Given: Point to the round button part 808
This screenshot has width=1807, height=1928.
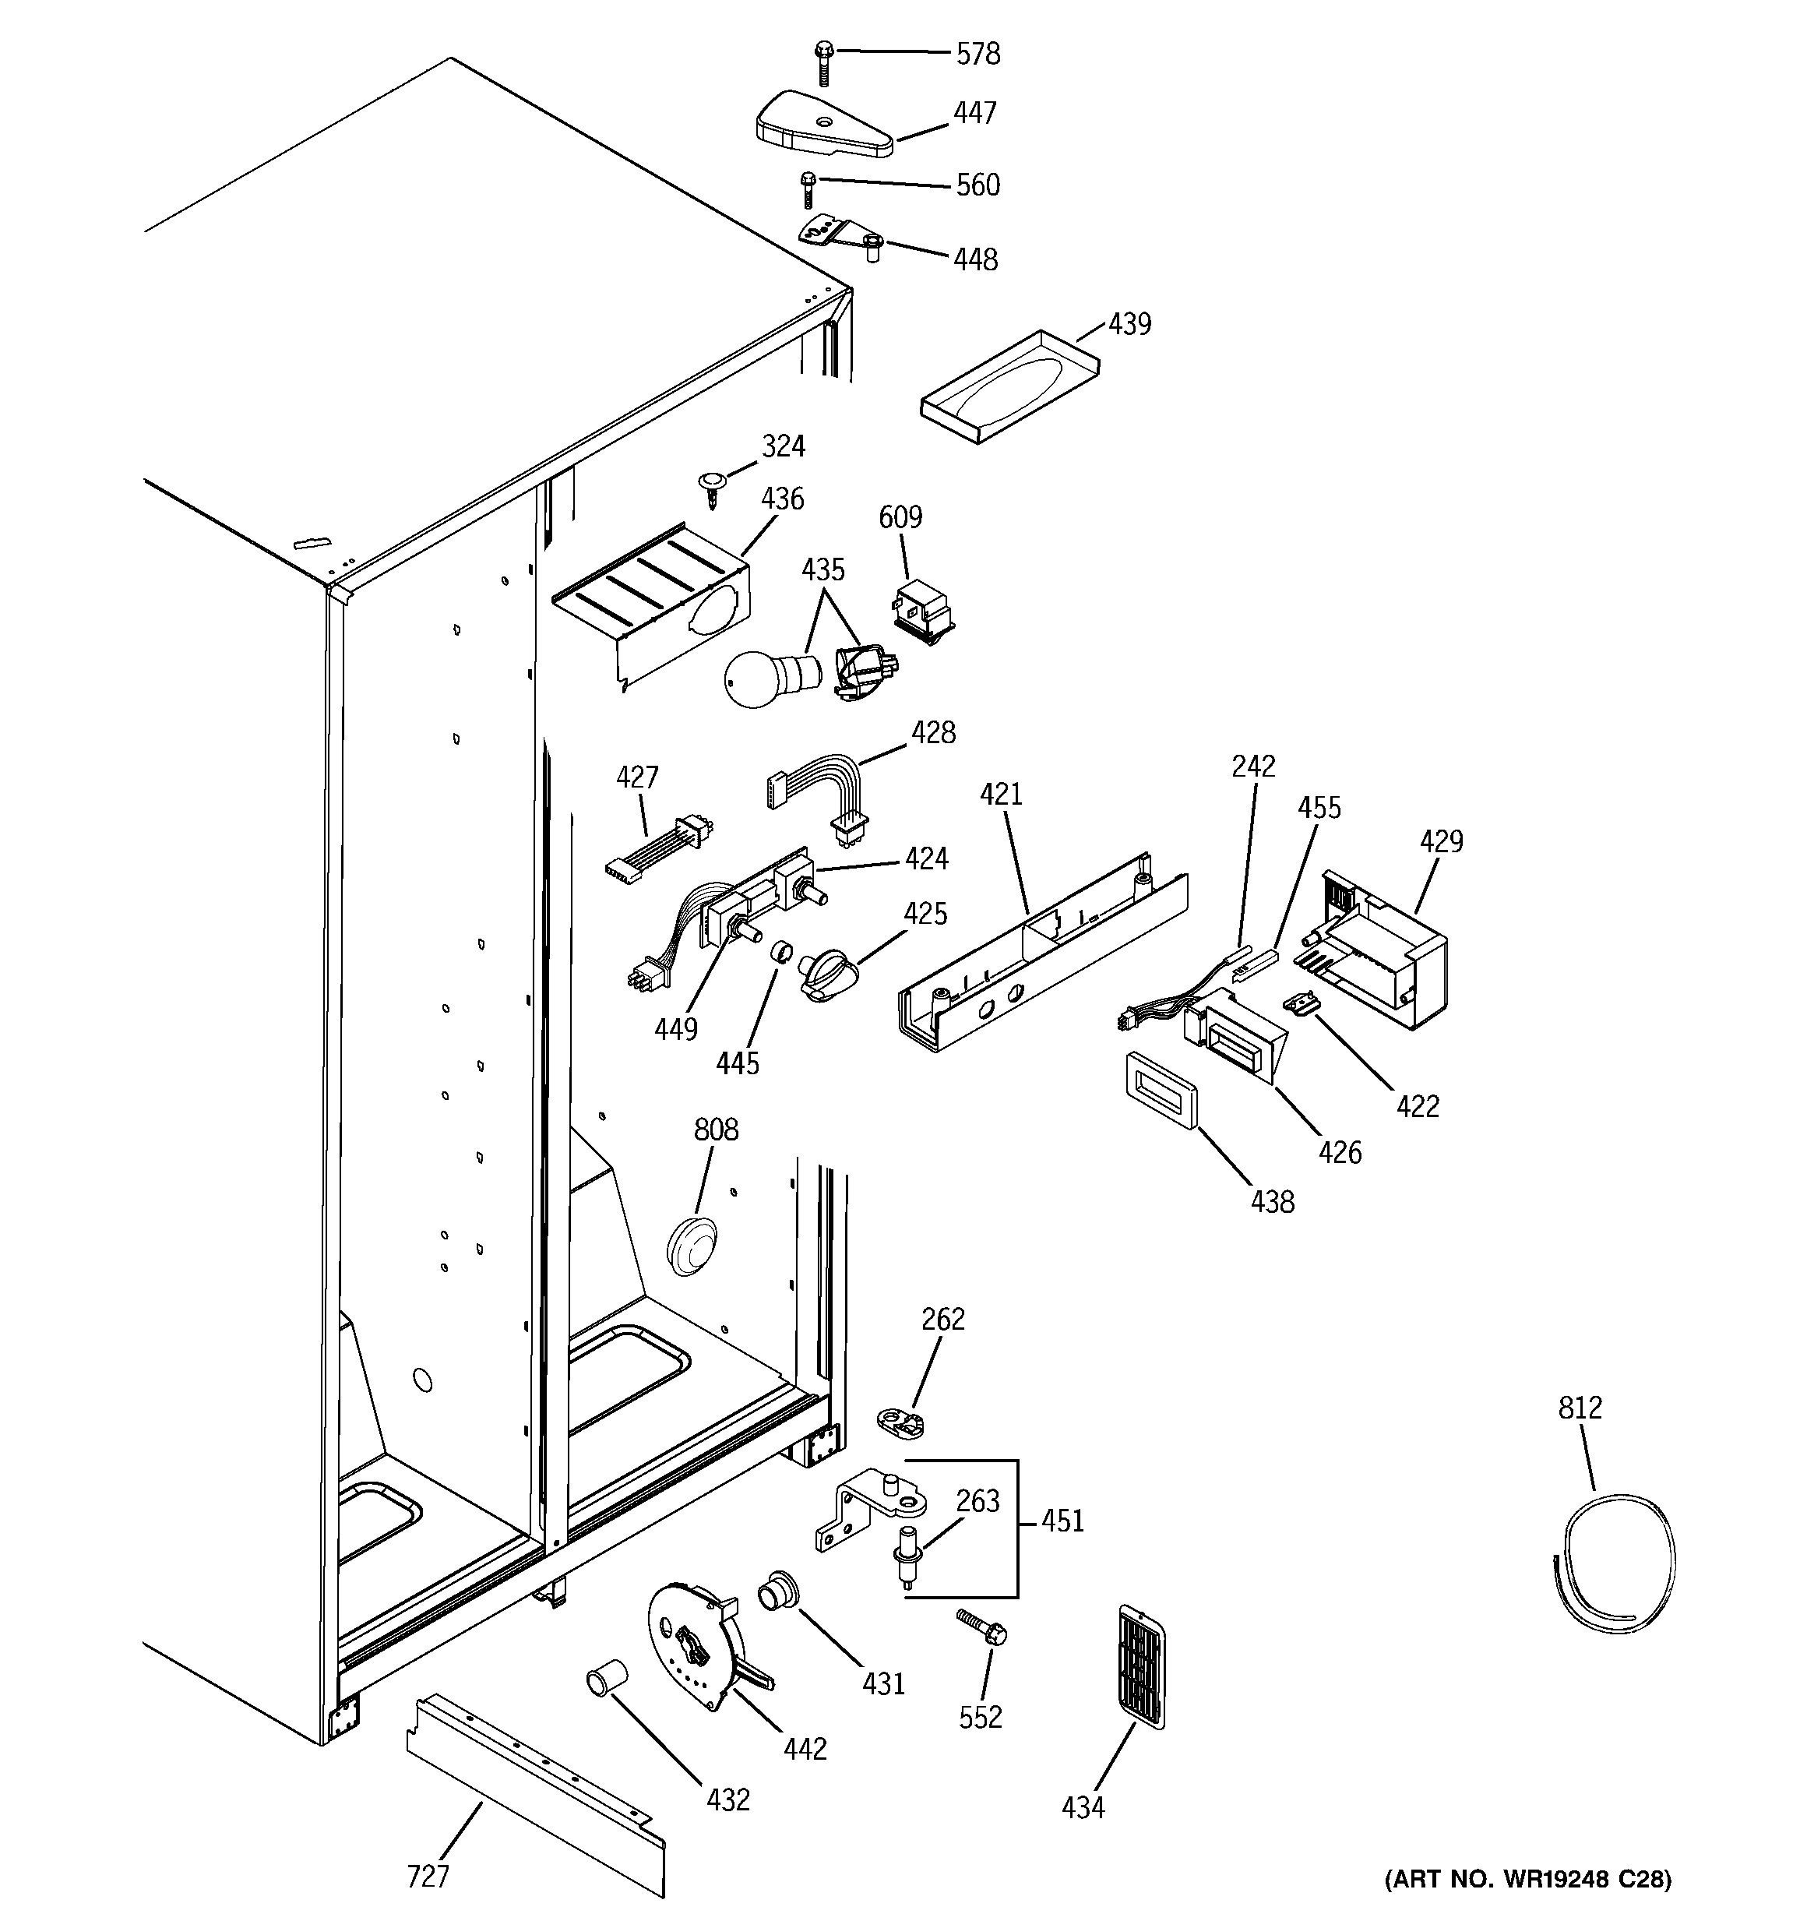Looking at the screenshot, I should (x=692, y=1243).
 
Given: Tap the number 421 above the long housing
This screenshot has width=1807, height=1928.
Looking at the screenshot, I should (x=1001, y=795).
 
